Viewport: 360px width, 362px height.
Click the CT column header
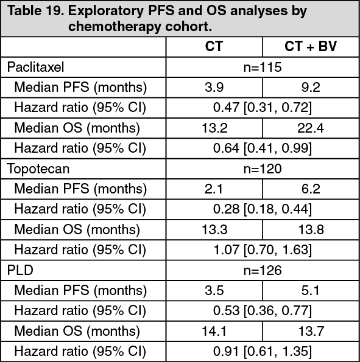coord(214,46)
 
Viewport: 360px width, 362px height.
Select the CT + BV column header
coord(311,46)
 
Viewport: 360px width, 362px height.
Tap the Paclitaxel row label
coord(35,67)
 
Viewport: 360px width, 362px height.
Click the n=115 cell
coord(263,67)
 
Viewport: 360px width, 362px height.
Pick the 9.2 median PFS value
coord(311,88)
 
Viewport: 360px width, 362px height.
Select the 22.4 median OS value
coord(311,128)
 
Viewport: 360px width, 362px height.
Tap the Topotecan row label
coord(38,169)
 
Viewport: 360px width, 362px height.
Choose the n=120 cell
coord(263,169)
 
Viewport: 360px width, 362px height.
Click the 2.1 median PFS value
coord(214,189)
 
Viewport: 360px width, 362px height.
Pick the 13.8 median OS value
coord(311,230)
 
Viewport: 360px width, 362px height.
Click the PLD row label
coord(20,270)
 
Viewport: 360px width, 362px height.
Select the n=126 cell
coord(263,270)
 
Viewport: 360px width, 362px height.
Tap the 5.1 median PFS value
coord(310,290)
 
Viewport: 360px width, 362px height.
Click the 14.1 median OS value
coord(214,331)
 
